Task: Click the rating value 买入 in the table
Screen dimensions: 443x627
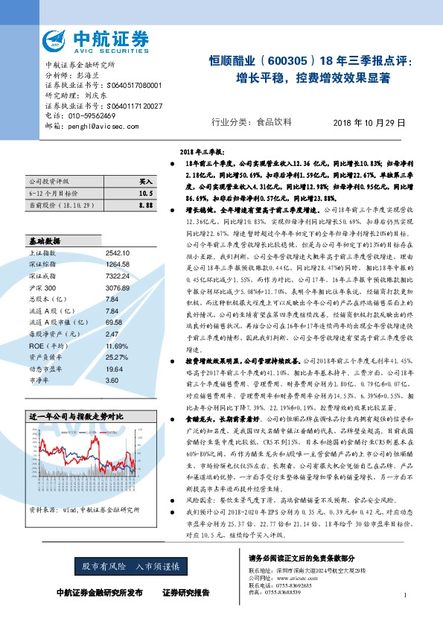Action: [146, 181]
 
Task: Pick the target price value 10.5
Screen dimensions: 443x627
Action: [146, 192]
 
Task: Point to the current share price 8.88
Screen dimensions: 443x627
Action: [146, 203]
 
